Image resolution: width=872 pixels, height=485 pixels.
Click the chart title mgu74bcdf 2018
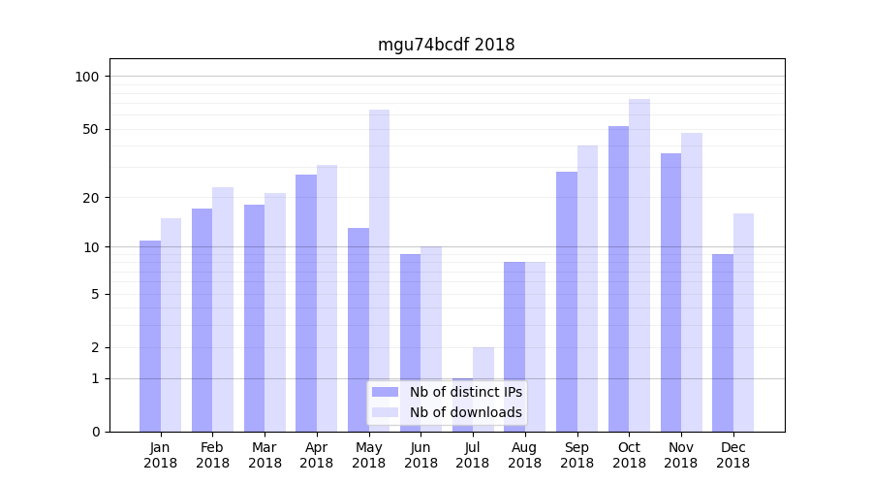[x=446, y=45]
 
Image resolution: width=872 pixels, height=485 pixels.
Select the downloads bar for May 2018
[x=379, y=271]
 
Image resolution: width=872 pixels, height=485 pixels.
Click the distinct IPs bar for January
[x=150, y=336]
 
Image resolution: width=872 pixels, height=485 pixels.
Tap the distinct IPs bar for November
[x=670, y=292]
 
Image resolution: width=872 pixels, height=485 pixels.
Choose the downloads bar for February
[x=223, y=309]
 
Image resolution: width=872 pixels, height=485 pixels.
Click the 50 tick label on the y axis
[x=91, y=129]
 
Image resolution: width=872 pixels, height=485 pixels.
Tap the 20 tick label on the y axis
[x=91, y=198]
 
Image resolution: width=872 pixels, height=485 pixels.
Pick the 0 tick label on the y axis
[x=95, y=432]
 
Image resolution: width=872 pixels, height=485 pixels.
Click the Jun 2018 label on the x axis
[x=420, y=455]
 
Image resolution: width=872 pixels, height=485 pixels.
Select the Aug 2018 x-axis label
[x=525, y=455]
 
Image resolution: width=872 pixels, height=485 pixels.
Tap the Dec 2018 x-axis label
[x=732, y=455]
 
